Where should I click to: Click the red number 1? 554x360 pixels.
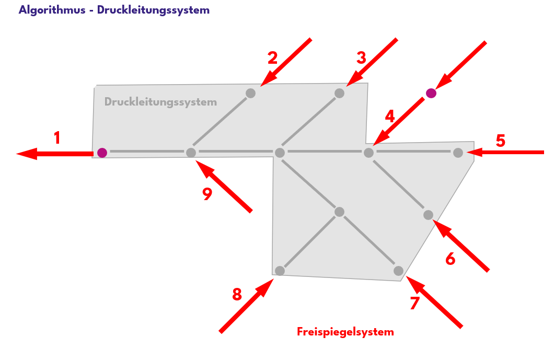pyautogui.click(x=57, y=138)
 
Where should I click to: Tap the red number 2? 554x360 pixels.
pyautogui.click(x=272, y=57)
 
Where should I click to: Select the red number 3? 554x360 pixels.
pyautogui.click(x=361, y=57)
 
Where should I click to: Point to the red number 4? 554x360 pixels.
pyautogui.click(x=390, y=115)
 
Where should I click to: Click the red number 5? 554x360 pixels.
pyautogui.click(x=500, y=141)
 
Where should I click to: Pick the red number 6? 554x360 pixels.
pyautogui.click(x=450, y=259)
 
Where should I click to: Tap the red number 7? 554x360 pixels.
pyautogui.click(x=414, y=304)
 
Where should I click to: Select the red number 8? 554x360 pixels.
pyautogui.click(x=237, y=295)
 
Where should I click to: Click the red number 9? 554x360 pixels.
pyautogui.click(x=207, y=194)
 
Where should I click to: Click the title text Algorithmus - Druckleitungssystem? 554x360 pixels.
pyautogui.click(x=114, y=10)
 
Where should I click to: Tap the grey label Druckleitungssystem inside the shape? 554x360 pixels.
pyautogui.click(x=160, y=102)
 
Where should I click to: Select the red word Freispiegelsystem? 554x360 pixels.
pyautogui.click(x=345, y=332)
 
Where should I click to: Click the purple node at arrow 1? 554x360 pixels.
pyautogui.click(x=102, y=153)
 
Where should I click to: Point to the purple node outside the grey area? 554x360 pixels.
pyautogui.click(x=431, y=93)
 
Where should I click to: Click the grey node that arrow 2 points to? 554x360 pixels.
pyautogui.click(x=250, y=93)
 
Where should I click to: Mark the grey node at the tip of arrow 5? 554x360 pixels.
pyautogui.click(x=458, y=153)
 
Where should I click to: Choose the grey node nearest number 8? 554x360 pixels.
pyautogui.click(x=280, y=271)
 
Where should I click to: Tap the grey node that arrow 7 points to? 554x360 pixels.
pyautogui.click(x=398, y=271)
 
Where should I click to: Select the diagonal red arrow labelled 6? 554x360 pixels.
pyautogui.click(x=462, y=246)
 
